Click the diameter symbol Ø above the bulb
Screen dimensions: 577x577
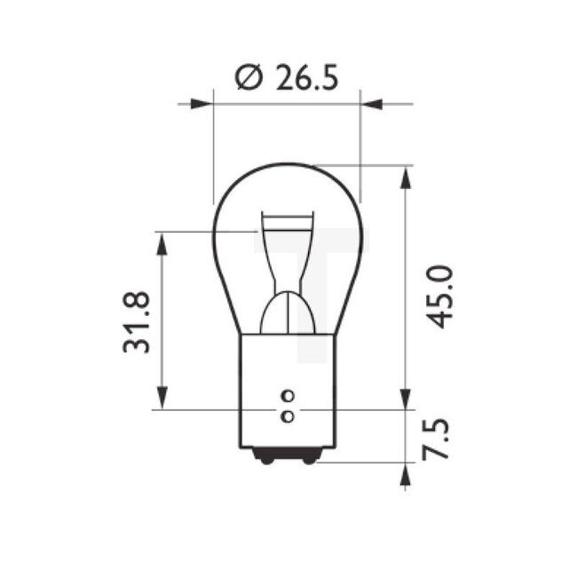click(x=249, y=78)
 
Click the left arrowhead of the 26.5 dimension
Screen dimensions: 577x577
click(x=202, y=104)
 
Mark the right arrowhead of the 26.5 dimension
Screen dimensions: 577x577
click(x=372, y=104)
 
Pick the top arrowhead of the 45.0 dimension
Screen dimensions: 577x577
click(x=406, y=177)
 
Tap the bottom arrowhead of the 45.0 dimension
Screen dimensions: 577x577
click(x=406, y=398)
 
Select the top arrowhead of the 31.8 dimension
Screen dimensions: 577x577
click(x=162, y=244)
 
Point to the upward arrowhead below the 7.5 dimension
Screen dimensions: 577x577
click(x=406, y=475)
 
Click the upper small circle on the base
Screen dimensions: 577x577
click(x=286, y=396)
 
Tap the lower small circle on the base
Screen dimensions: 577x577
click(x=286, y=415)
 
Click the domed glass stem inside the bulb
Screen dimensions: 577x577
click(x=287, y=315)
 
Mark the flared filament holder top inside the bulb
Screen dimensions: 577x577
click(x=287, y=222)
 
